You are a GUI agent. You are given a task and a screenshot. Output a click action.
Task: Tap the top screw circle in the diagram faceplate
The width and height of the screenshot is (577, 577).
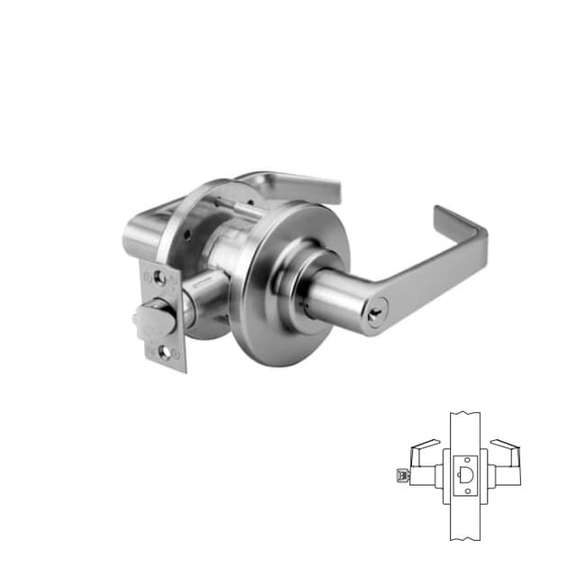point(465,457)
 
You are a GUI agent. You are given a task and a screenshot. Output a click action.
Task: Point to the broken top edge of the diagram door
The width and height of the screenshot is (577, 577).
point(465,415)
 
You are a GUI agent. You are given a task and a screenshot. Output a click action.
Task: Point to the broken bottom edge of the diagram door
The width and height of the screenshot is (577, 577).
point(465,538)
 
